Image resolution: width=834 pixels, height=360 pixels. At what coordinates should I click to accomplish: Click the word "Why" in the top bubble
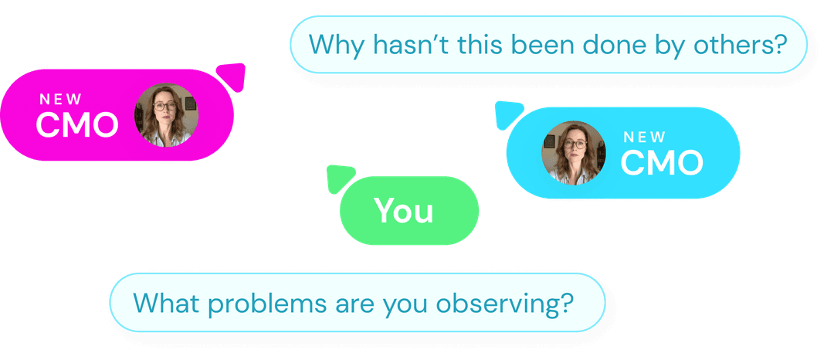(337, 45)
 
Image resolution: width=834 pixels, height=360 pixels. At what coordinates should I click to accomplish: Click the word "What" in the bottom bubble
(166, 302)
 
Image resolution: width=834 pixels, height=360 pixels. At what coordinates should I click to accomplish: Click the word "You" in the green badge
(404, 211)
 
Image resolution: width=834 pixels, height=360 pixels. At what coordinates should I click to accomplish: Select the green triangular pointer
(339, 178)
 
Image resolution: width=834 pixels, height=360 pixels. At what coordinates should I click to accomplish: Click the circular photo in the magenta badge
(166, 115)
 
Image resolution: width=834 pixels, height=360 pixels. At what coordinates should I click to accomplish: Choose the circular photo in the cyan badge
(573, 153)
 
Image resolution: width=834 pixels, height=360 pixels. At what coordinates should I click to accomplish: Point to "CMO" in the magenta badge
(77, 125)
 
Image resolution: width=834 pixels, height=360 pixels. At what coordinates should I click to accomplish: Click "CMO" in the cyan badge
(662, 163)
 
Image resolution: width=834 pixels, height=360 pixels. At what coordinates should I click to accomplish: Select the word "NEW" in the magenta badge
(61, 100)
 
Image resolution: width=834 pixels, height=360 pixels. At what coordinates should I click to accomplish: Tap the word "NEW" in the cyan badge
(645, 138)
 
